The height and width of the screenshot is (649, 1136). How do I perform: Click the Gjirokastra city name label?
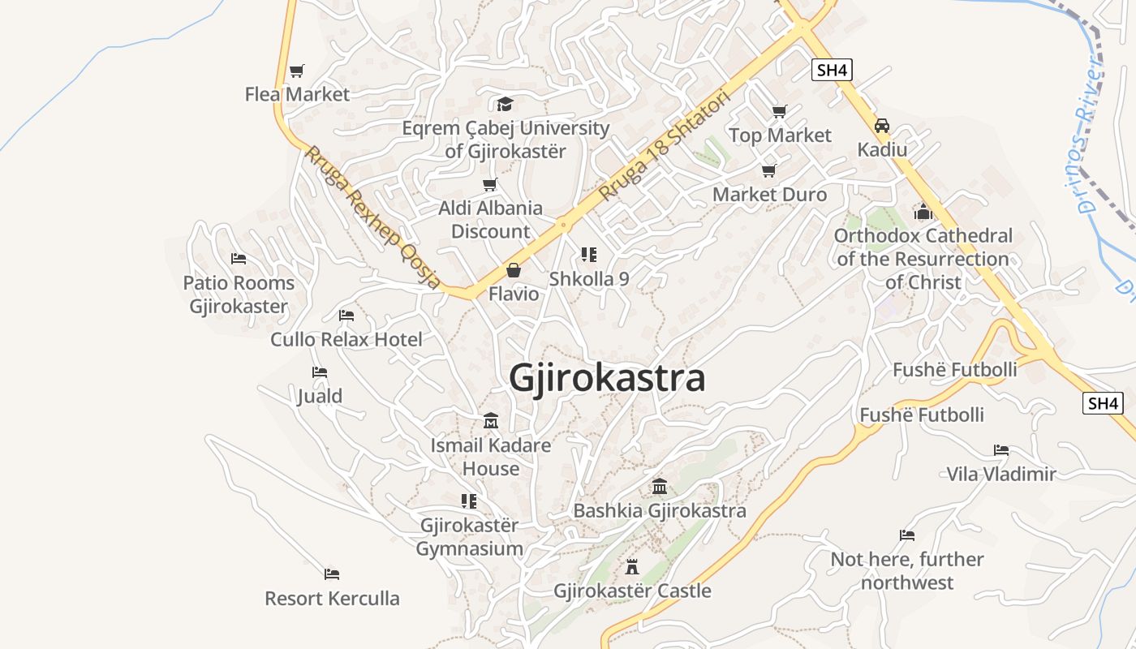coord(607,378)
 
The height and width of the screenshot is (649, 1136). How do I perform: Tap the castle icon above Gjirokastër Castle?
coord(632,567)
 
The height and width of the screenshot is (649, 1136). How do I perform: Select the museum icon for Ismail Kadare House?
coord(491,421)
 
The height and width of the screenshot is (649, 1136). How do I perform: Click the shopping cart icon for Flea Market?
coord(297,71)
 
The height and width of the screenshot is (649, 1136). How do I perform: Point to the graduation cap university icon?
coord(505,104)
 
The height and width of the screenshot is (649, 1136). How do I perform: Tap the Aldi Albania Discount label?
coord(490,219)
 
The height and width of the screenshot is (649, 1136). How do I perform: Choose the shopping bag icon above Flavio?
coord(513,269)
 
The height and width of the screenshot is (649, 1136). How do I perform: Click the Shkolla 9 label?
coord(589,278)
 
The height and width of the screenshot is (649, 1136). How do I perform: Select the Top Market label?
coord(780,135)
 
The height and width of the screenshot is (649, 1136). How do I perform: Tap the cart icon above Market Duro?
coord(768,170)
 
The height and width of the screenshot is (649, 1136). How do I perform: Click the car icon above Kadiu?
coord(882,126)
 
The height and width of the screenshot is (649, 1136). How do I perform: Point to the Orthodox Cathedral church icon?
coord(923,212)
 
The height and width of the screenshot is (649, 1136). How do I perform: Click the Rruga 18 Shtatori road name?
coord(665,146)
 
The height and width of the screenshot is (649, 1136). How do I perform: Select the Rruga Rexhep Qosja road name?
coord(372,217)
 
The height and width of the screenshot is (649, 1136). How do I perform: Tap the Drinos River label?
coord(1089,138)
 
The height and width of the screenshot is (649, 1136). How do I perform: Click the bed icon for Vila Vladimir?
coord(1001,450)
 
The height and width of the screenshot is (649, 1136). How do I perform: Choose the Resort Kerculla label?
coord(332,599)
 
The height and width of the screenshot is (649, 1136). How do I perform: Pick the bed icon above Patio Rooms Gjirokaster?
coord(238,259)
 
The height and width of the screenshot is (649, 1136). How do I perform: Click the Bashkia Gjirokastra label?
coord(660,510)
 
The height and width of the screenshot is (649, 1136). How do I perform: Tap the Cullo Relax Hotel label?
coord(346,339)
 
